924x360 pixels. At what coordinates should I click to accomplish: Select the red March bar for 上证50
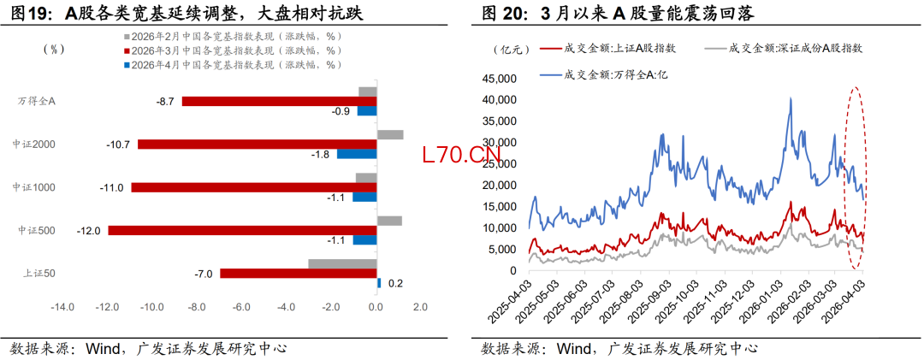299,274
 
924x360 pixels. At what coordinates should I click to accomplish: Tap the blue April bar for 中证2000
357,154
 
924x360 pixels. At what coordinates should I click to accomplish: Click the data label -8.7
165,101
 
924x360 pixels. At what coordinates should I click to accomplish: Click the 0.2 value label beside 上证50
395,283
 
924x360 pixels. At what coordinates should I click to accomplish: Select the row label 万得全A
36,101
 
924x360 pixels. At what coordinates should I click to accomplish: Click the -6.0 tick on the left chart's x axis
240,307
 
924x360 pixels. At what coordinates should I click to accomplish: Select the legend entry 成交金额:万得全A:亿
607,74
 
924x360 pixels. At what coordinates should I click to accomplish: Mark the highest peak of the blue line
790,98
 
